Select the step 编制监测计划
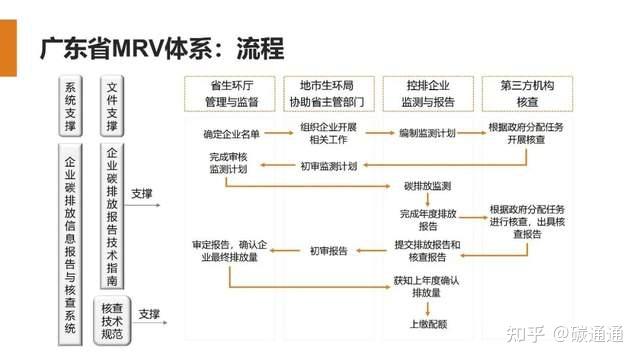pos(427,133)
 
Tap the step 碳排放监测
pos(427,187)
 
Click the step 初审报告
pos(328,250)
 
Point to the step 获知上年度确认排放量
pos(427,288)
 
